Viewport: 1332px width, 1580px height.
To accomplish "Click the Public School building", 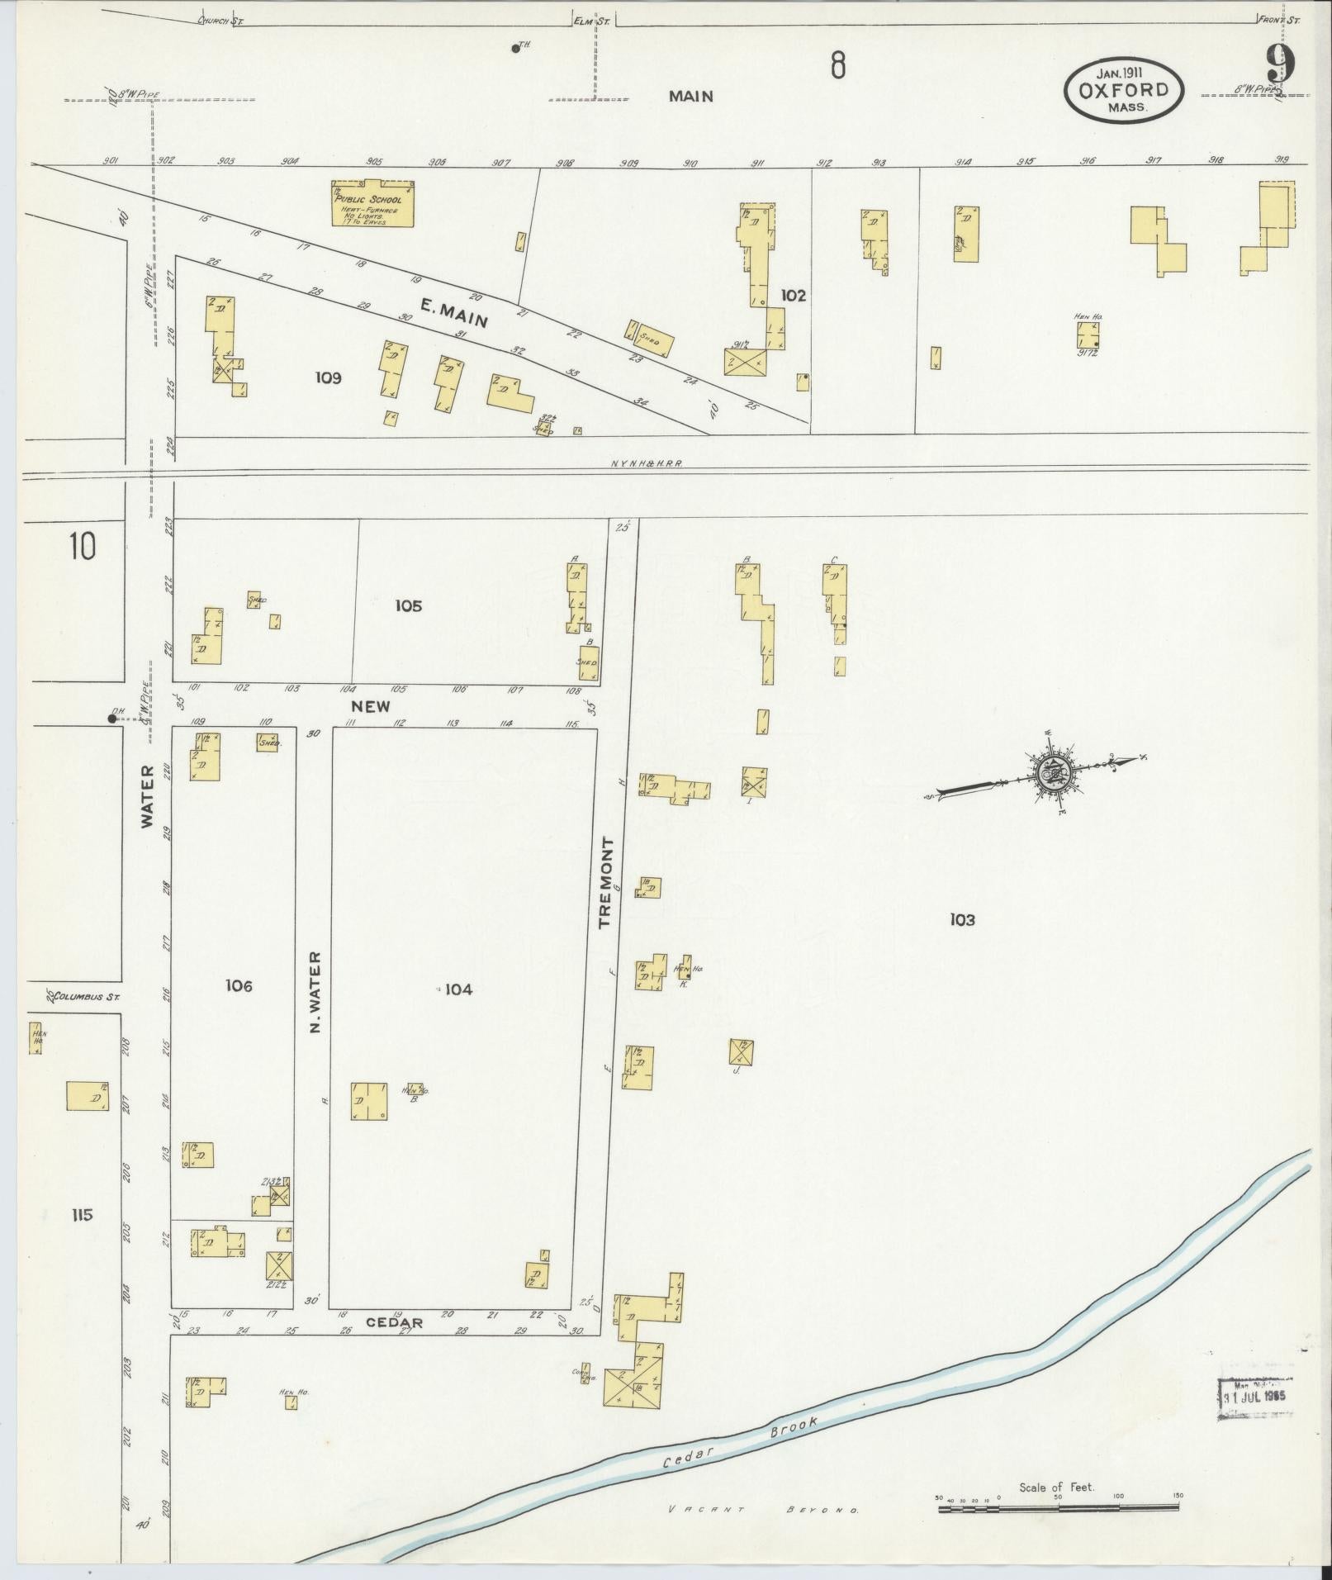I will pos(372,204).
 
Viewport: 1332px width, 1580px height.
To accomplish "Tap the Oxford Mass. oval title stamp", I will pos(1123,91).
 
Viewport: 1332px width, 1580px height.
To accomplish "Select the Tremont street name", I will pos(608,882).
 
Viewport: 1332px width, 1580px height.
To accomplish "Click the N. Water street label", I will pos(315,991).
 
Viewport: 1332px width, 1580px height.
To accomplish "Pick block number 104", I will pos(458,989).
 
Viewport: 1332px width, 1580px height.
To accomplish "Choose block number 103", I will pos(962,919).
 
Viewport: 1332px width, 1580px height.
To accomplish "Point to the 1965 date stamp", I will pos(1255,1399).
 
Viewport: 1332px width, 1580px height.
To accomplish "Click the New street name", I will pos(370,707).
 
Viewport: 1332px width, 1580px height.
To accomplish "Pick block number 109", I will pos(328,378).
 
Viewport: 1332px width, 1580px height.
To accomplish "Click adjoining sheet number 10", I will pos(82,547).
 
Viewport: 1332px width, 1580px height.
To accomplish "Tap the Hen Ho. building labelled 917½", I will pos(1088,335).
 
